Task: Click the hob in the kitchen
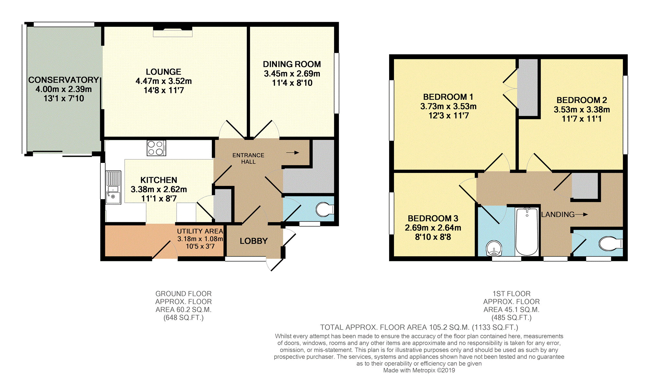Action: click(x=156, y=148)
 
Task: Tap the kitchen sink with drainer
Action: click(x=113, y=188)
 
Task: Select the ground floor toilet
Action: click(x=325, y=210)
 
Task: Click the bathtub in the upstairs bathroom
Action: click(x=527, y=232)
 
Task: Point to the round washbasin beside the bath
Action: click(x=494, y=248)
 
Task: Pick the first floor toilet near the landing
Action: click(x=611, y=244)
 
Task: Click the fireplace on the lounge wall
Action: click(x=173, y=32)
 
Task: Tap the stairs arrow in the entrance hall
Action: click(x=293, y=153)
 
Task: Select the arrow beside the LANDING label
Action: click(x=581, y=214)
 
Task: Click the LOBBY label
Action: click(x=254, y=241)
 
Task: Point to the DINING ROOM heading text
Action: click(x=292, y=64)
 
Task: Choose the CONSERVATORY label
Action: click(x=63, y=80)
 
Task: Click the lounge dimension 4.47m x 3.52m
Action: click(x=164, y=81)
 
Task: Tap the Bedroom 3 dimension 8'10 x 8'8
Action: click(x=433, y=237)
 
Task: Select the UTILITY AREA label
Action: click(x=200, y=231)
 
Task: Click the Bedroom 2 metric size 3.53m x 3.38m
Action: click(x=582, y=109)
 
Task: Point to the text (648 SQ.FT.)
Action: click(x=183, y=318)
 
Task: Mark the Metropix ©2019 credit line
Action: click(x=419, y=370)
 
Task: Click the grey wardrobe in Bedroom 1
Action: click(x=528, y=87)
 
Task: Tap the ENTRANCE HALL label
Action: click(x=248, y=158)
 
